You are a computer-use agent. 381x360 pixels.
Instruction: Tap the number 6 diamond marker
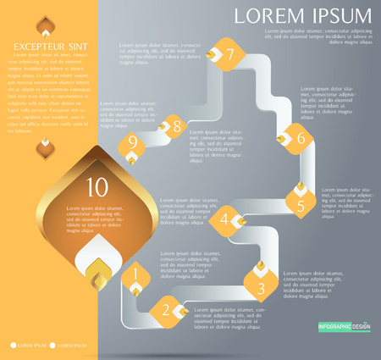[299, 135]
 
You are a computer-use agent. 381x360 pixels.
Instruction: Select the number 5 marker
[299, 203]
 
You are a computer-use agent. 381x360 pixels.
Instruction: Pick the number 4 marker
[226, 220]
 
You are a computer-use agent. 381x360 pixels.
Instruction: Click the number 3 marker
[260, 287]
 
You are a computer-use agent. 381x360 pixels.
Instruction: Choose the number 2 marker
[167, 311]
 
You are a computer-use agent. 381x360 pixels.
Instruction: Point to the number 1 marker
[135, 275]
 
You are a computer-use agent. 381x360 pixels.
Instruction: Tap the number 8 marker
[175, 128]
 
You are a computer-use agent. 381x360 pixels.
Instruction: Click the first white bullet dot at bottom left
[14, 345]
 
